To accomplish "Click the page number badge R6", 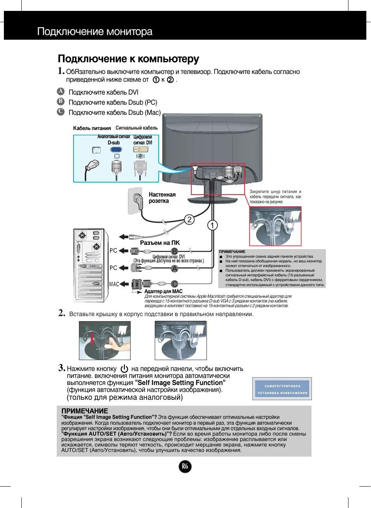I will tap(185, 466).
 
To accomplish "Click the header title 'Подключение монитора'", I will tap(94, 32).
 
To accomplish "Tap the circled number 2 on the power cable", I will tap(189, 219).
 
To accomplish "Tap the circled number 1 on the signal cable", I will tap(212, 225).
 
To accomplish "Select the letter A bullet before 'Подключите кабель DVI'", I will tap(61, 91).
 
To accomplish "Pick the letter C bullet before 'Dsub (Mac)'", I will tap(61, 112).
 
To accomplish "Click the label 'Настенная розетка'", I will tap(162, 198).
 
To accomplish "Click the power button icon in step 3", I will tap(124, 369).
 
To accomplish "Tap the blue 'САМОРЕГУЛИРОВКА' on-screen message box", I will tap(282, 389).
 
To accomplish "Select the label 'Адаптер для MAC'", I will tap(163, 291).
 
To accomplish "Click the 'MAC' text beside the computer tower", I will tap(114, 284).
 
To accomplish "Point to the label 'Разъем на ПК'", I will tap(159, 243).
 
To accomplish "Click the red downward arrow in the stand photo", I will tap(92, 338).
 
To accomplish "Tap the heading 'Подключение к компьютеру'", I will tap(128, 59).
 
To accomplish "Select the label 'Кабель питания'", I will tap(92, 128).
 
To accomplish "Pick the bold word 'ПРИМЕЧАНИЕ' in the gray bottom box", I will tap(84, 411).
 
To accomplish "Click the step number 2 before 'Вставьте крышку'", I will tap(61, 313).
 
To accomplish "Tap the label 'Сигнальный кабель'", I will tap(136, 128).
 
